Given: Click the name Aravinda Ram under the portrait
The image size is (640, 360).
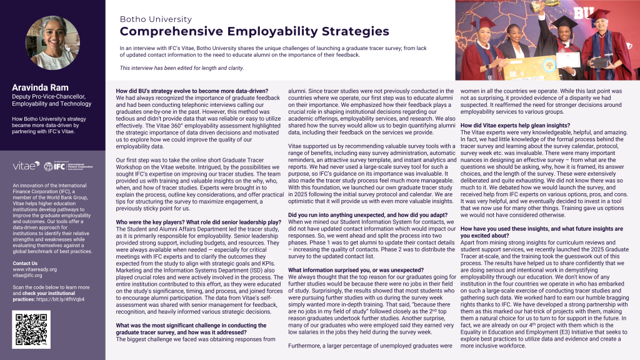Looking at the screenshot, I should tap(39, 87).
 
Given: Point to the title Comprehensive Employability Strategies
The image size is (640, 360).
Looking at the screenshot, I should tap(245, 31).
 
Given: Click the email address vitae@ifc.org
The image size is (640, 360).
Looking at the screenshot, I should tap(31, 276).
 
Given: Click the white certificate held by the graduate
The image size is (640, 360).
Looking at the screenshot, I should tap(569, 59).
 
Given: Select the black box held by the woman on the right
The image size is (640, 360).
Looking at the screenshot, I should tap(602, 61).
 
